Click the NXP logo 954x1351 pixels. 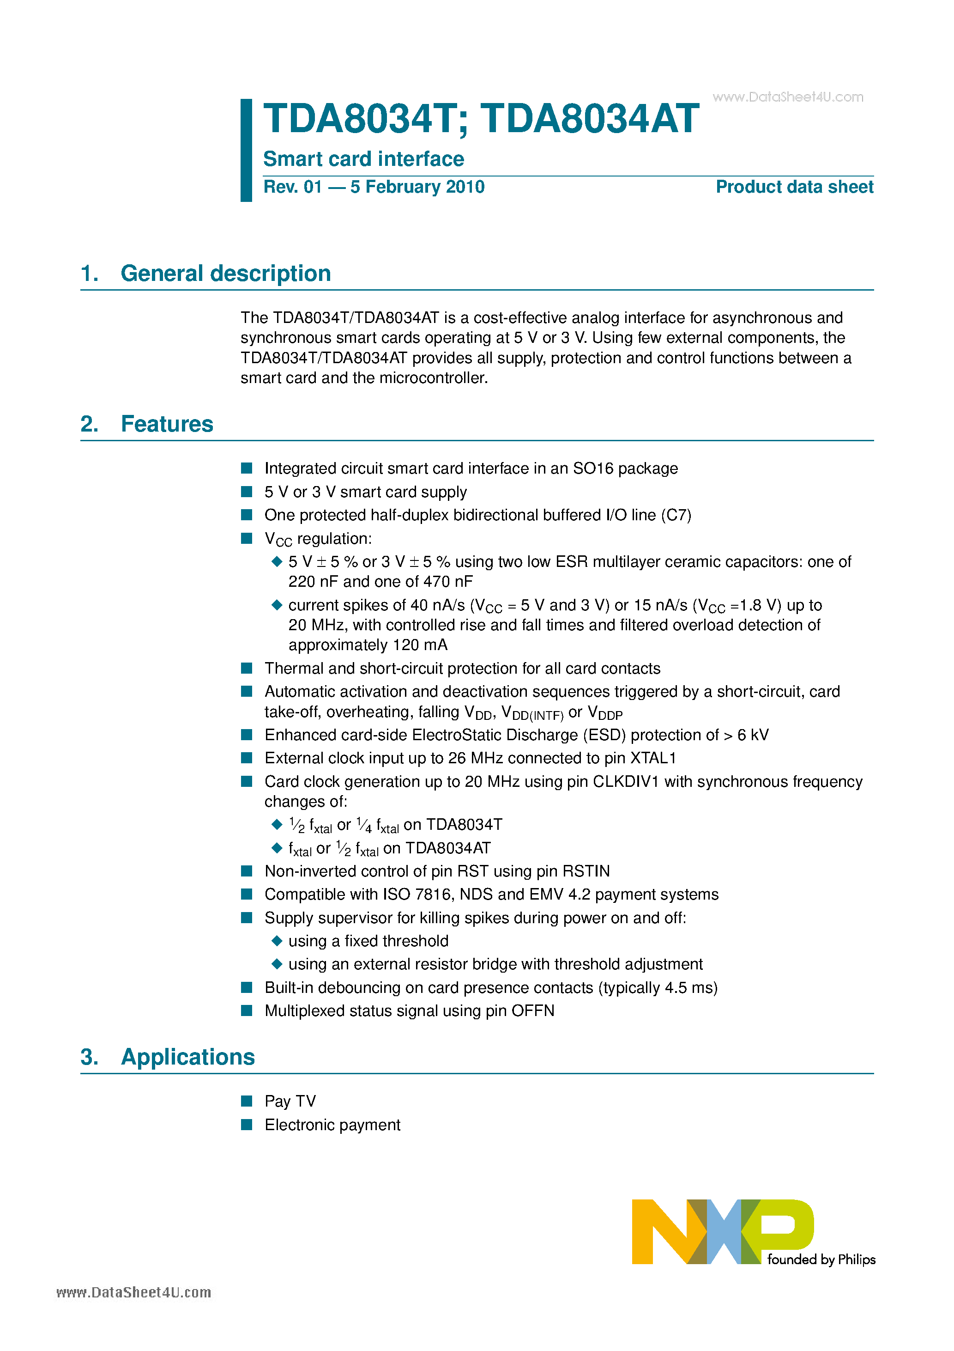click(722, 1231)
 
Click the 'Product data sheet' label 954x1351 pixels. click(794, 187)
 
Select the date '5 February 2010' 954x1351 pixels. click(417, 187)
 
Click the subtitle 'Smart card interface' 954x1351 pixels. click(363, 159)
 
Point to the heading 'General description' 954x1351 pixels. click(225, 274)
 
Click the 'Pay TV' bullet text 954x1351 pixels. click(290, 1101)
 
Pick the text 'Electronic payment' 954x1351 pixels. click(332, 1125)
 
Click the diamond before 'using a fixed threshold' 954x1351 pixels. click(277, 941)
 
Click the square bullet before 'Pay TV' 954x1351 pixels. click(247, 1101)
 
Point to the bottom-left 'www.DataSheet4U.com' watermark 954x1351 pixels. click(133, 1293)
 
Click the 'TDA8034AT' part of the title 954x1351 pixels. click(589, 120)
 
